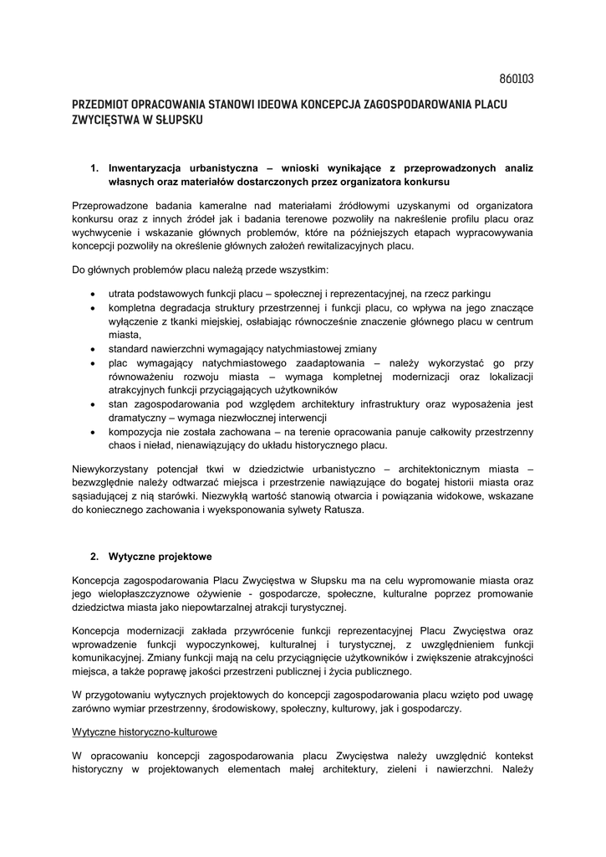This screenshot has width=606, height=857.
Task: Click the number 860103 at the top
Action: point(516,80)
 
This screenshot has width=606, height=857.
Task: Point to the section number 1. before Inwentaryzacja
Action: point(94,167)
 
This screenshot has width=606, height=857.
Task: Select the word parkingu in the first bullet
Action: point(468,294)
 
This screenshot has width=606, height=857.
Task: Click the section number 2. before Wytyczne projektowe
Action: point(94,556)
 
